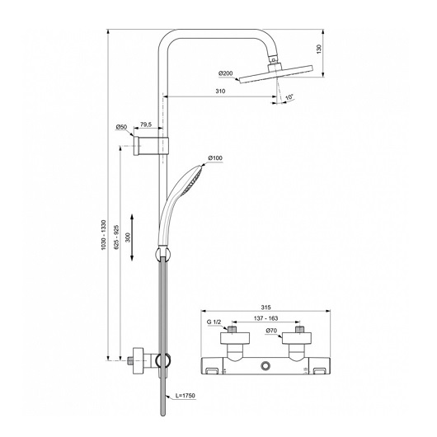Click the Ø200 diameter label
point(226,73)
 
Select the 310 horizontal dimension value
point(220,92)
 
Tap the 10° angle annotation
point(289,97)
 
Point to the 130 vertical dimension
point(319,49)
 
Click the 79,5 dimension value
point(146,125)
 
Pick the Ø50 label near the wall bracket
point(121,127)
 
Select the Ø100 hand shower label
point(215,158)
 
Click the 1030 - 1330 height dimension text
point(104,235)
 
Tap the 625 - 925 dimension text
point(116,237)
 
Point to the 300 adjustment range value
point(128,237)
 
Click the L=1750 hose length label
point(186,396)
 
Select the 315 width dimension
point(265,308)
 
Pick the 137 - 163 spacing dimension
point(265,318)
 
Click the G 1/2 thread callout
point(214,322)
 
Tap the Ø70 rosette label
point(271,331)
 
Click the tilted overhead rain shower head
point(276,74)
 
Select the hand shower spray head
point(192,180)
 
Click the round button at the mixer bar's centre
point(265,365)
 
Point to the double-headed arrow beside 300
point(132,237)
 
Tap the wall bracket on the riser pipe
point(151,146)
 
